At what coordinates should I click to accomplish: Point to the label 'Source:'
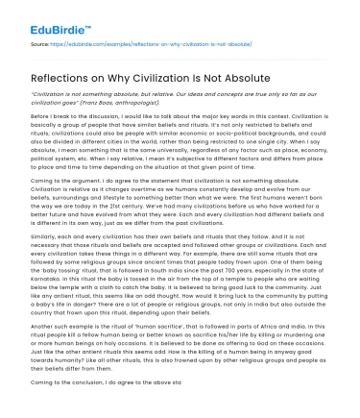(41, 44)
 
